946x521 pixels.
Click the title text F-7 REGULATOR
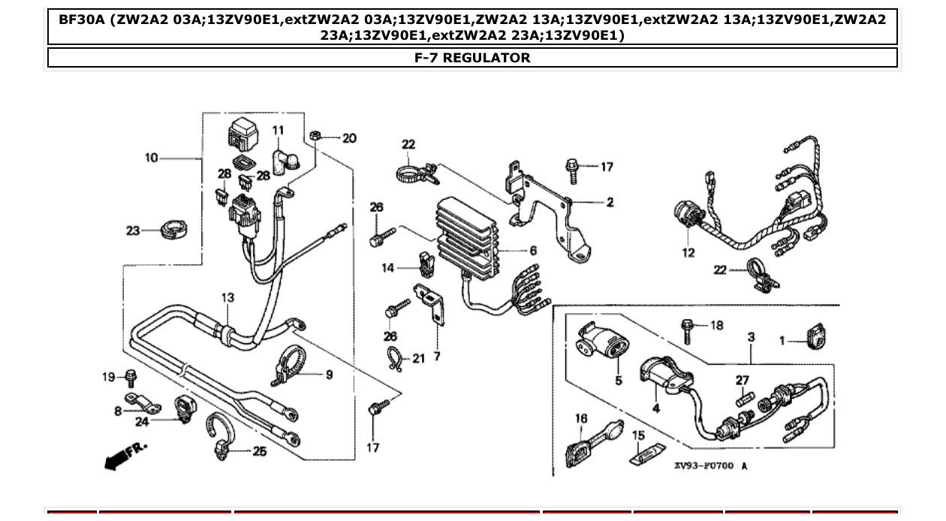pyautogui.click(x=472, y=58)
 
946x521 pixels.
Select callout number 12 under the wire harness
pyautogui.click(x=688, y=253)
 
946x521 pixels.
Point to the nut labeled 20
pyautogui.click(x=317, y=136)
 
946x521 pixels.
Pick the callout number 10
pyautogui.click(x=152, y=158)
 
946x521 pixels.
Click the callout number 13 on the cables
pyautogui.click(x=227, y=298)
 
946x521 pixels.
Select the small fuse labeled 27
pyautogui.click(x=743, y=397)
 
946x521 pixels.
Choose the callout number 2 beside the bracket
pyautogui.click(x=610, y=202)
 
